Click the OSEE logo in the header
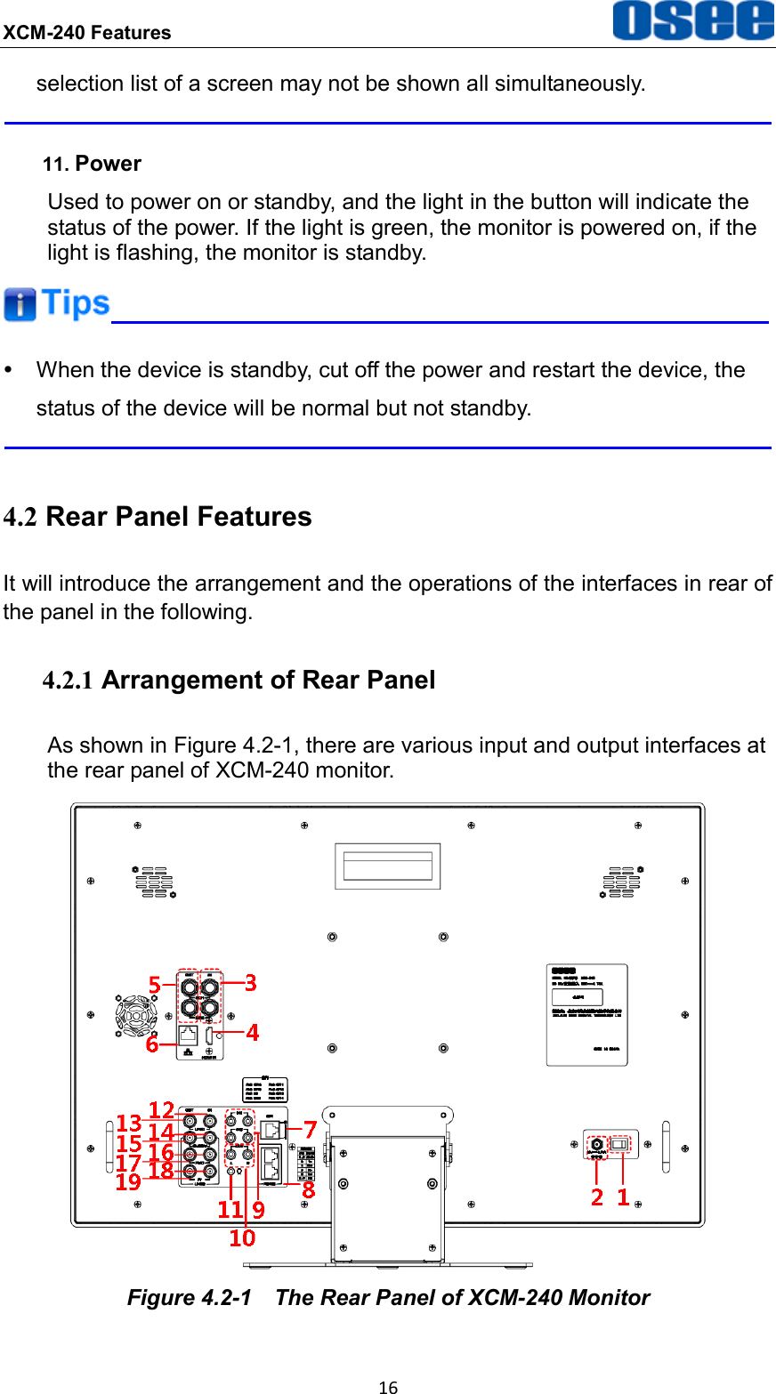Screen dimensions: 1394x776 click(692, 21)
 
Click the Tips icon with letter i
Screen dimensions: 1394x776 click(20, 304)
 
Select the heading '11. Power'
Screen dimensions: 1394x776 click(93, 164)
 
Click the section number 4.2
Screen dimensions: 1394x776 click(20, 517)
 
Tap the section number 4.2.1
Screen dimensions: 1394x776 click(69, 681)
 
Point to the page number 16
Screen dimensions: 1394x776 click(388, 1386)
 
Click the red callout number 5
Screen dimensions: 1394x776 click(155, 986)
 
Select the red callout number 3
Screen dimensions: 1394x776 click(251, 982)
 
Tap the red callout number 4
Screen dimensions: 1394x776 click(253, 1032)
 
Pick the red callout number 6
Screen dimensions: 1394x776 click(152, 1044)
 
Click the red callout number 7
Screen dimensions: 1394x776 click(311, 1130)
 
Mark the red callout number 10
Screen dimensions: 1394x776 click(242, 1237)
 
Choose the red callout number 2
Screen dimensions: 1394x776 click(597, 1197)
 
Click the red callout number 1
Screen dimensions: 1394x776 click(623, 1197)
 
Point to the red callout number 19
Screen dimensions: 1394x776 click(128, 1182)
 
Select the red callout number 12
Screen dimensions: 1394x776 click(161, 1110)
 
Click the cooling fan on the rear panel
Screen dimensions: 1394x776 click(136, 1013)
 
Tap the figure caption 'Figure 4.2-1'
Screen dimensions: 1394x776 click(189, 1298)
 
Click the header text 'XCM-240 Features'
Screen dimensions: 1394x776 click(86, 33)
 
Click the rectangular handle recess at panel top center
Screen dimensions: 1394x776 click(387, 866)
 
